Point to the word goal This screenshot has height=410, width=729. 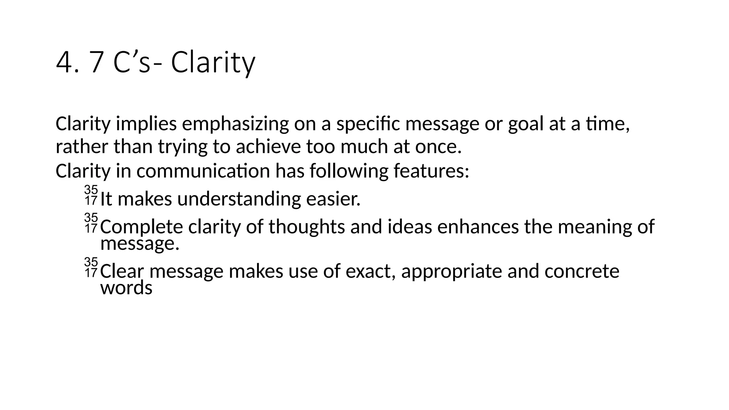[525, 124]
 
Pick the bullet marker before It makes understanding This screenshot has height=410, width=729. [91, 195]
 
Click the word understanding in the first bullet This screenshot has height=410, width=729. [239, 199]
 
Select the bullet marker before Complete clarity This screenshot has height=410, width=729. [91, 223]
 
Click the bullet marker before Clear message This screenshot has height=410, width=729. [91, 267]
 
